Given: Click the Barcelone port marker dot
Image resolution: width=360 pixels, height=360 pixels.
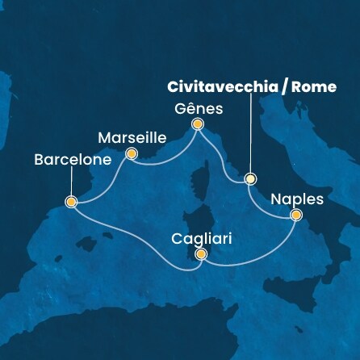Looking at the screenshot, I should [x=71, y=202].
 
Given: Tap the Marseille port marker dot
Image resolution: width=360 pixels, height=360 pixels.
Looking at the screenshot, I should [x=132, y=153].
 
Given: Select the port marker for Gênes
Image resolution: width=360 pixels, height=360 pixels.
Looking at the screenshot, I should [x=197, y=124].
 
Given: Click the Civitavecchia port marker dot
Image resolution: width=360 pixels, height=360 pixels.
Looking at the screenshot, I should [x=250, y=179].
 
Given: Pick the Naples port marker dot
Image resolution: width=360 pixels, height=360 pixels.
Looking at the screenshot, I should [x=296, y=215].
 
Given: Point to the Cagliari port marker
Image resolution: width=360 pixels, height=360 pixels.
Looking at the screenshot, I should [x=201, y=255].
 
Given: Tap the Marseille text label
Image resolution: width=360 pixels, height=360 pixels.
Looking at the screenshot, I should [x=131, y=136].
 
